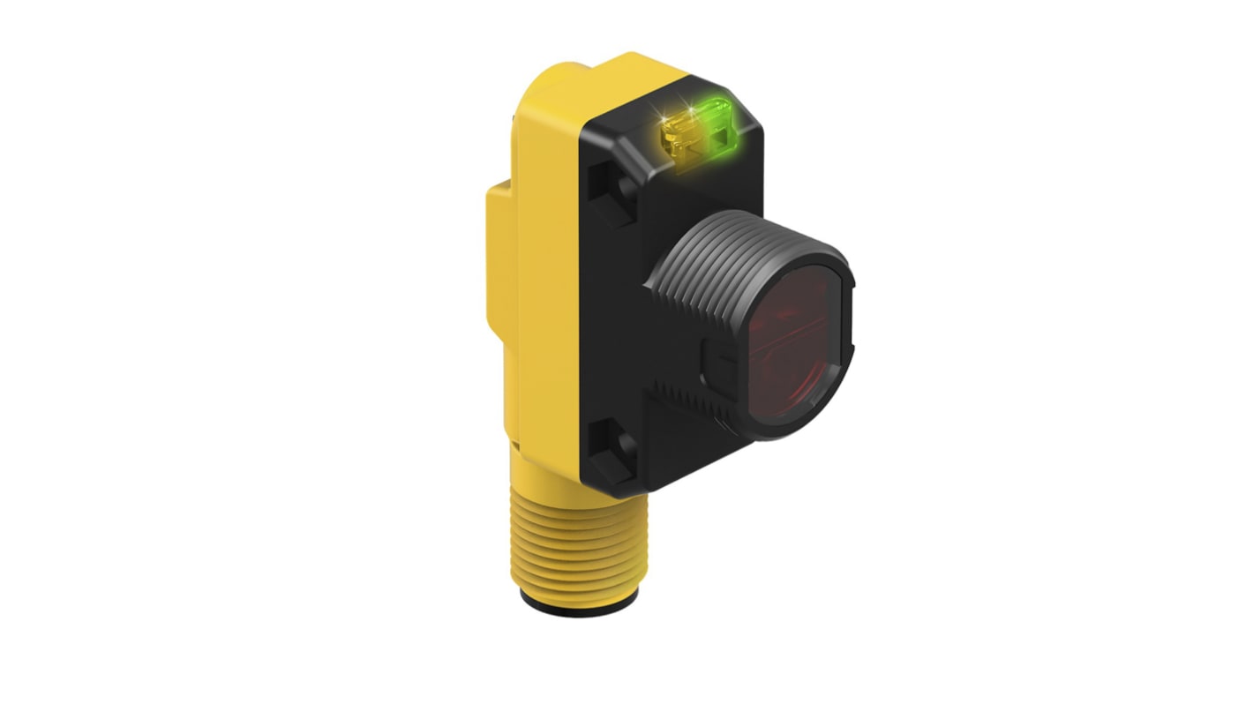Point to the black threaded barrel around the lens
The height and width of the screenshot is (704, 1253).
click(x=697, y=265)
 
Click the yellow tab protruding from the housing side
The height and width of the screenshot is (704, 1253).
click(x=499, y=256)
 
